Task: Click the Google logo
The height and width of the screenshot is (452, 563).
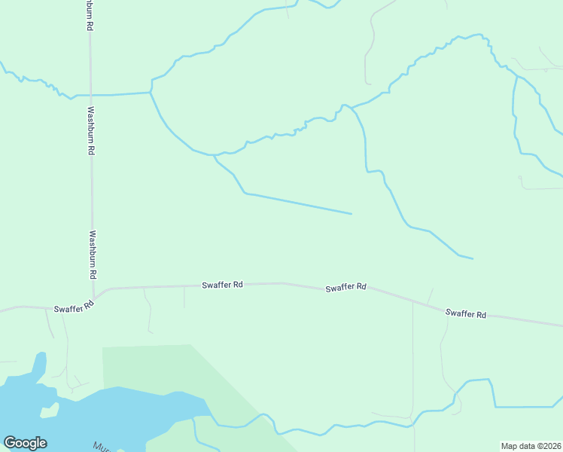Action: click(x=25, y=443)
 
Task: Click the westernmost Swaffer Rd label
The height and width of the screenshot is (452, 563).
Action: click(x=73, y=308)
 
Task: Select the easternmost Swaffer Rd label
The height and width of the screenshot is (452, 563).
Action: click(x=466, y=313)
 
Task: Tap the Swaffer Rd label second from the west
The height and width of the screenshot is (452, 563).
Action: click(x=222, y=285)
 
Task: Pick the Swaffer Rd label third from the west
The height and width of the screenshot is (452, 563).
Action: click(x=345, y=287)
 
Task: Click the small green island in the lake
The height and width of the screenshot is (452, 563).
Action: click(x=50, y=411)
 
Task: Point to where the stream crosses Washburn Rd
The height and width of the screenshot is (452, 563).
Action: click(x=90, y=95)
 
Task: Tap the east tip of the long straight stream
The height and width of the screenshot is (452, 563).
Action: click(x=351, y=213)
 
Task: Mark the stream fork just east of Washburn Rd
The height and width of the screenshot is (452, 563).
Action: click(x=151, y=93)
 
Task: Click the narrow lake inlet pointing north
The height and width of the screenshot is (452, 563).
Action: click(x=38, y=365)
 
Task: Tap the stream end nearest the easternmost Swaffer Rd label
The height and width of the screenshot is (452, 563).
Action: click(x=473, y=258)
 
